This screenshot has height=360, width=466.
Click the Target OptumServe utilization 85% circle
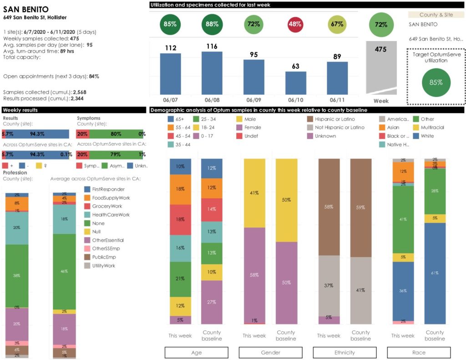[436, 82]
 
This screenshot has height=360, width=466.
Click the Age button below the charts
[196, 353]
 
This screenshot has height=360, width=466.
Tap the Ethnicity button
[344, 353]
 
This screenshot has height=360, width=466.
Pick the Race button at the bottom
[419, 353]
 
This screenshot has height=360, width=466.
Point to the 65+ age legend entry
[177, 119]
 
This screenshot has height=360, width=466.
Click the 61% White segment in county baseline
[435, 273]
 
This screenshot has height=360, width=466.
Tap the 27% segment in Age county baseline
[212, 302]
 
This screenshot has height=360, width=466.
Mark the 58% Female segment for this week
[254, 275]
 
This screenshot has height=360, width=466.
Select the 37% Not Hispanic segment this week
[328, 285]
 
